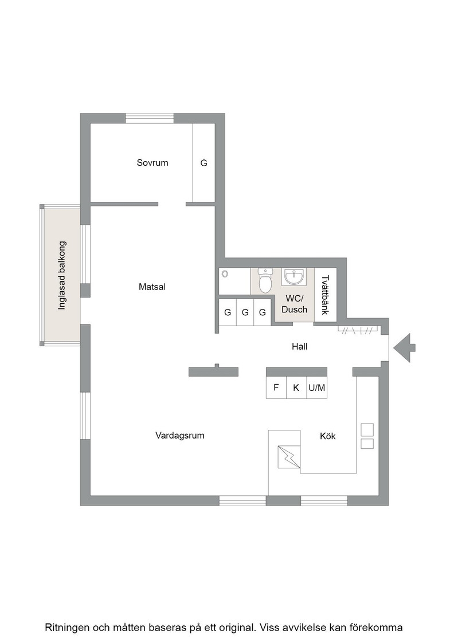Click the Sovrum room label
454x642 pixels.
coord(152,163)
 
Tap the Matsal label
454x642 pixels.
coord(152,287)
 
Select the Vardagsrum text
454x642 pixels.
coord(180,435)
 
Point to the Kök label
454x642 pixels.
coord(327,436)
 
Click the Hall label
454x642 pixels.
coord(299,346)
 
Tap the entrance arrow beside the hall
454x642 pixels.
coord(404,348)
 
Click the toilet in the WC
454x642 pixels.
coord(265,280)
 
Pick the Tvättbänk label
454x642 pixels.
coord(325,295)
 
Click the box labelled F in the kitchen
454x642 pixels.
coord(276,387)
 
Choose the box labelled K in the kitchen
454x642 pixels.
coord(296,387)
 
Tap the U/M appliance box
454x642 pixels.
coord(317,387)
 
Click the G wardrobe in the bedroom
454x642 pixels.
coord(203,163)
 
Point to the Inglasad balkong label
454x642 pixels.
coord(62,275)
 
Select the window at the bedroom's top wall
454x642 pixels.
coord(150,118)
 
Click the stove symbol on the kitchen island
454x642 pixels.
coord(289,456)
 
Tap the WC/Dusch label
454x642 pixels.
coord(294,304)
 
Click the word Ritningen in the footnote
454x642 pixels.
coord(68,628)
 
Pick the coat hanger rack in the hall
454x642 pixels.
coord(358,330)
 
